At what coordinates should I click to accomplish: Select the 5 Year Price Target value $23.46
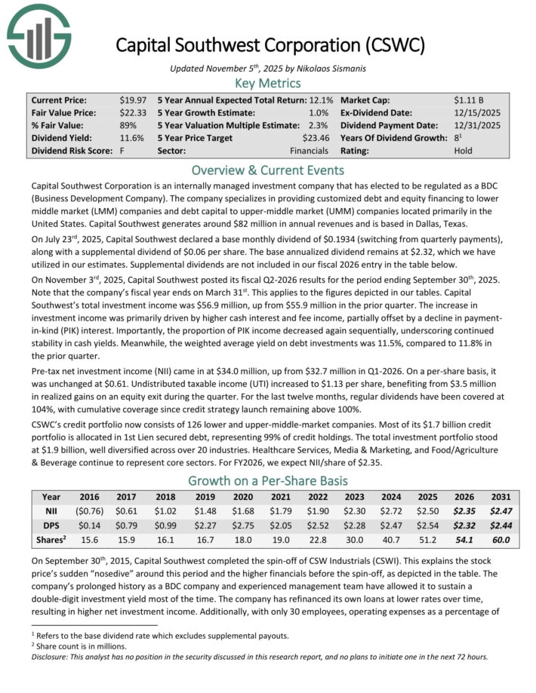coord(316,138)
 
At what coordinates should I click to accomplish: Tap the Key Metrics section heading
coord(268,83)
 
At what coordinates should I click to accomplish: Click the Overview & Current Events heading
coord(268,170)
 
